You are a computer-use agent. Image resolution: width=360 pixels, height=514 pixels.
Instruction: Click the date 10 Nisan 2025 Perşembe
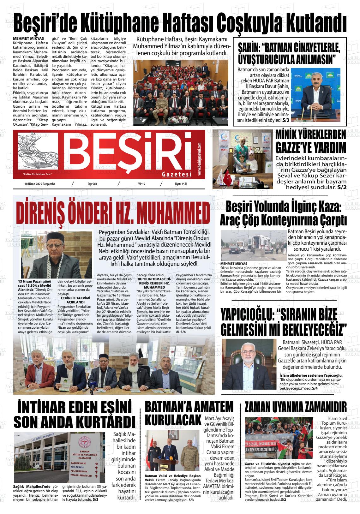[x=40, y=184]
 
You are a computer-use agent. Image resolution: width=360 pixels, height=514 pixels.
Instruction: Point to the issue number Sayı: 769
[x=92, y=184]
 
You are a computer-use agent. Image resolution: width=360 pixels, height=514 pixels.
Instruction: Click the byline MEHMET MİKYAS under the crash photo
[x=234, y=263]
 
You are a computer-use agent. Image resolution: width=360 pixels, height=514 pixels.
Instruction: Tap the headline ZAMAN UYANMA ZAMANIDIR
[x=295, y=407]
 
